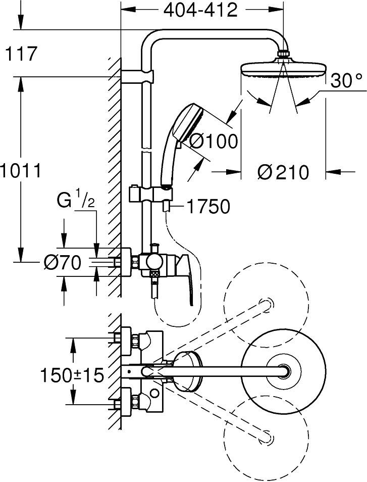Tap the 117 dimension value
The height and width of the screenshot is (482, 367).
[x=21, y=54]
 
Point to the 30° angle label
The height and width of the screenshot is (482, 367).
[x=347, y=81]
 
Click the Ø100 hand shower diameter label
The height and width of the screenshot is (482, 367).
[x=214, y=141]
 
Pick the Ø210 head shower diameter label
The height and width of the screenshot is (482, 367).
[x=282, y=172]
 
